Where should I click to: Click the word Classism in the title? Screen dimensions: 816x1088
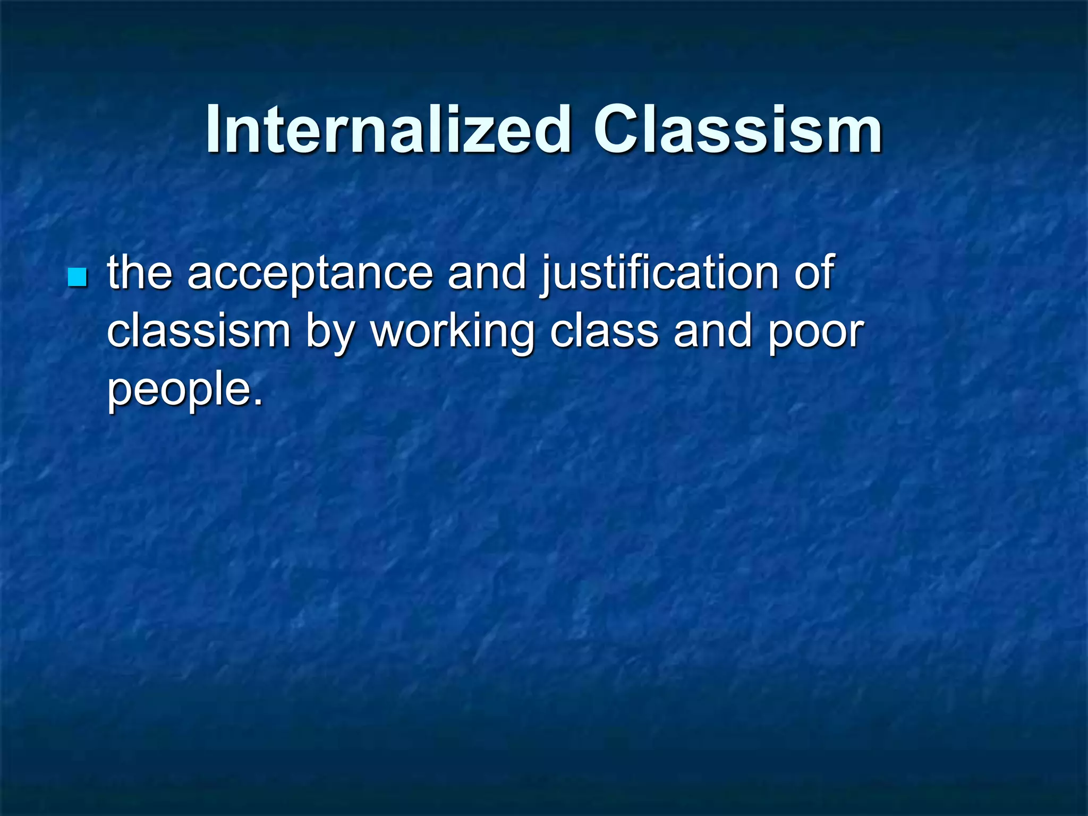coord(737,129)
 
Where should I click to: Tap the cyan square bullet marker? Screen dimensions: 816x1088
coord(78,277)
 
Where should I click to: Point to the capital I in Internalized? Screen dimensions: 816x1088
coord(214,129)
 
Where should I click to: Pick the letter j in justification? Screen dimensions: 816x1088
coord(547,276)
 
